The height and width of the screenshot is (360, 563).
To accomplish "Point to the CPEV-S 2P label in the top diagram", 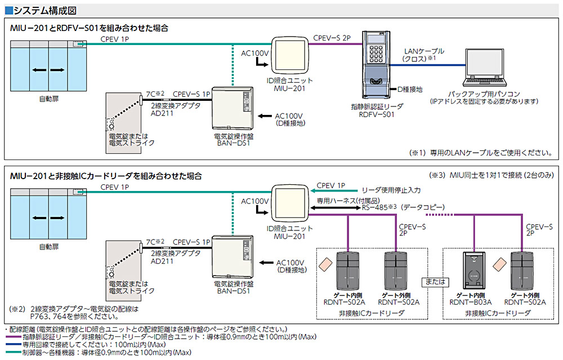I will point(332,38).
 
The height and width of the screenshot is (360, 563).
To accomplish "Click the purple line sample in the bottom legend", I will point(12,337).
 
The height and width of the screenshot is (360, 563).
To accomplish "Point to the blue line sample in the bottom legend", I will point(12,345).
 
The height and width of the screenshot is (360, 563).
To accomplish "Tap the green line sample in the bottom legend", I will point(12,353).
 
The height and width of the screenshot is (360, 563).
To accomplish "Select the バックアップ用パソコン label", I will point(484,94).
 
